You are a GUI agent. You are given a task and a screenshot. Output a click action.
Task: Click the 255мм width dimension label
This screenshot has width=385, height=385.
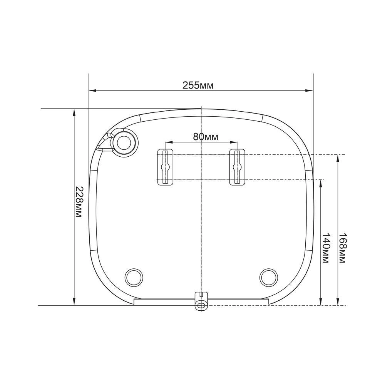click(198, 85)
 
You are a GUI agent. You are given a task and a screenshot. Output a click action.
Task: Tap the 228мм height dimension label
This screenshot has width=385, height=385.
click(78, 202)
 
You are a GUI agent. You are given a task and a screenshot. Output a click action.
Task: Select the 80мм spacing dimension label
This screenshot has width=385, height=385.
click(206, 137)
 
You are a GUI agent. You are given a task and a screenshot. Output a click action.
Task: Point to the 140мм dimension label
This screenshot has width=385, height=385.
click(326, 248)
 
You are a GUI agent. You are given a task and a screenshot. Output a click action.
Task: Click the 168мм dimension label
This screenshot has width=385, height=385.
click(342, 248)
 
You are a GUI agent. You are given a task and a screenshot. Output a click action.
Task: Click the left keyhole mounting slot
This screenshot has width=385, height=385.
click(165, 167)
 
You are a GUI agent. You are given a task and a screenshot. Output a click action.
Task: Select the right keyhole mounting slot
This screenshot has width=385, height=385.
click(237, 167)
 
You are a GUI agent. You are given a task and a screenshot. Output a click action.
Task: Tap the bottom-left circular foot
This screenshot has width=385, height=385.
click(134, 277)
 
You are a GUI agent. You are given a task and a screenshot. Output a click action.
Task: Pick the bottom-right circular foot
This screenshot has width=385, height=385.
click(268, 277)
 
